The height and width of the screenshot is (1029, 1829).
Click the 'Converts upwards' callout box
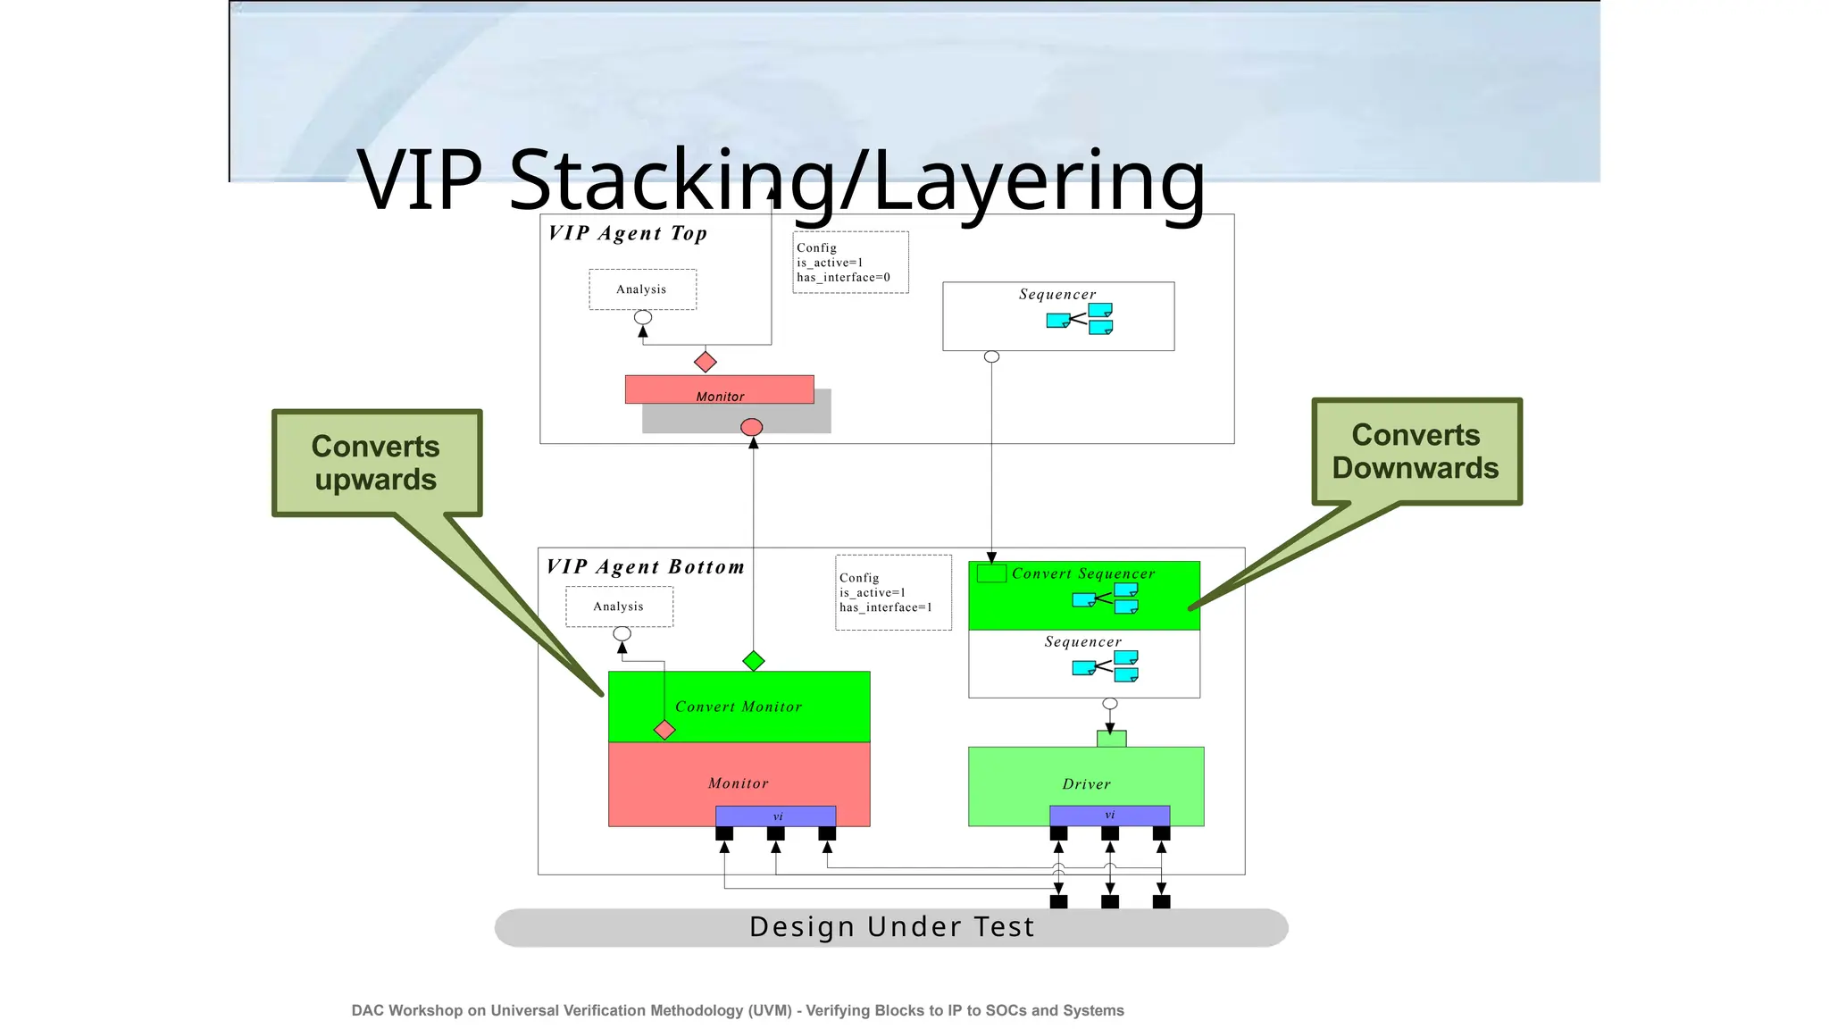[x=376, y=463]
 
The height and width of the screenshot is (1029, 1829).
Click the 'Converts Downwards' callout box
[x=1416, y=451]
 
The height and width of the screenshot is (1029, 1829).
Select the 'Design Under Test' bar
[x=891, y=927]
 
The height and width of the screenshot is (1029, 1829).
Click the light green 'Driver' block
[x=1086, y=777]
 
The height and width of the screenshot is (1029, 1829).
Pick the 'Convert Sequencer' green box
[x=1083, y=594]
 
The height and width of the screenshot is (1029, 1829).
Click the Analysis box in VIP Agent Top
[x=642, y=289]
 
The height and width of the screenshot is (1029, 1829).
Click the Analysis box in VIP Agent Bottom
[x=619, y=607]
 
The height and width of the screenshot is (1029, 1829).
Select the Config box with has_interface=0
[x=850, y=263]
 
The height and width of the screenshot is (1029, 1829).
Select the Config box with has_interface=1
[x=893, y=593]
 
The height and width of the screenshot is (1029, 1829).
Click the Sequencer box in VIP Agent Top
[x=1057, y=316]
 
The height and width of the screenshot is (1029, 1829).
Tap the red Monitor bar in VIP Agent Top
[x=719, y=389]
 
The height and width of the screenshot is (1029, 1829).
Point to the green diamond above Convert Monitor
[x=754, y=661]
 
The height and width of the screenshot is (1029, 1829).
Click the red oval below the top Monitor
[x=752, y=428]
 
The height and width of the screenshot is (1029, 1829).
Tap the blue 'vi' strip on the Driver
[x=1109, y=816]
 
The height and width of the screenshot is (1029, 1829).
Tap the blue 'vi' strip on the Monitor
[x=775, y=816]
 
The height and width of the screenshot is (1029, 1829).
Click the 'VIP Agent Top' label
[x=628, y=233]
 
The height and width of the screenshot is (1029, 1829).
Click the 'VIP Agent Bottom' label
[x=645, y=567]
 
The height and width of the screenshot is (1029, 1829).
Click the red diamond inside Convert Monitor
[x=664, y=730]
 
